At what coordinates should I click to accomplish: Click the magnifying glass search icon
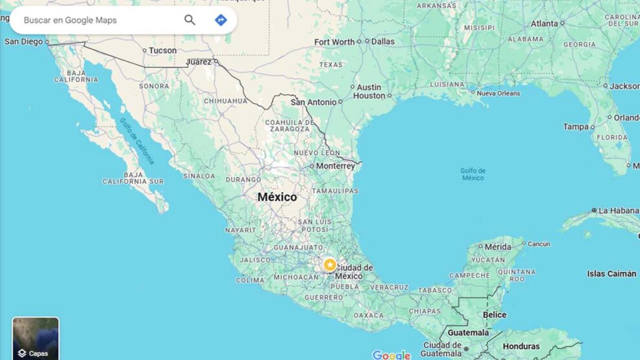point(189,20)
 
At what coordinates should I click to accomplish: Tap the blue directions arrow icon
point(220,20)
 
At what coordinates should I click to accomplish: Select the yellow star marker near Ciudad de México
point(330,264)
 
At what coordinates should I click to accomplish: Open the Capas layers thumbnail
point(36,338)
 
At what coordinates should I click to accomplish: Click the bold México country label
point(277,196)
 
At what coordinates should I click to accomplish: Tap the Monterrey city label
point(336,166)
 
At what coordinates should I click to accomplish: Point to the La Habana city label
point(619,211)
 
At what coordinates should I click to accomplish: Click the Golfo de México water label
point(473,174)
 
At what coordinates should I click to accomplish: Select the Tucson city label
point(162,50)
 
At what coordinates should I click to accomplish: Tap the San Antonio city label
point(314,102)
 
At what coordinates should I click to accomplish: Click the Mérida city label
point(498,247)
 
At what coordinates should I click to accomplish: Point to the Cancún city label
point(539,244)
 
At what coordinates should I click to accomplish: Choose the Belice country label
point(495,315)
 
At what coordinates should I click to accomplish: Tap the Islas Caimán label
point(612,273)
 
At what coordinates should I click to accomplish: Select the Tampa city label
point(575,127)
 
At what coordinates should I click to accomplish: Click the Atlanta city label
point(544,23)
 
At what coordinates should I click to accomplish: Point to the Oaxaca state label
point(368,315)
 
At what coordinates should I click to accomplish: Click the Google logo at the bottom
point(391,355)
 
